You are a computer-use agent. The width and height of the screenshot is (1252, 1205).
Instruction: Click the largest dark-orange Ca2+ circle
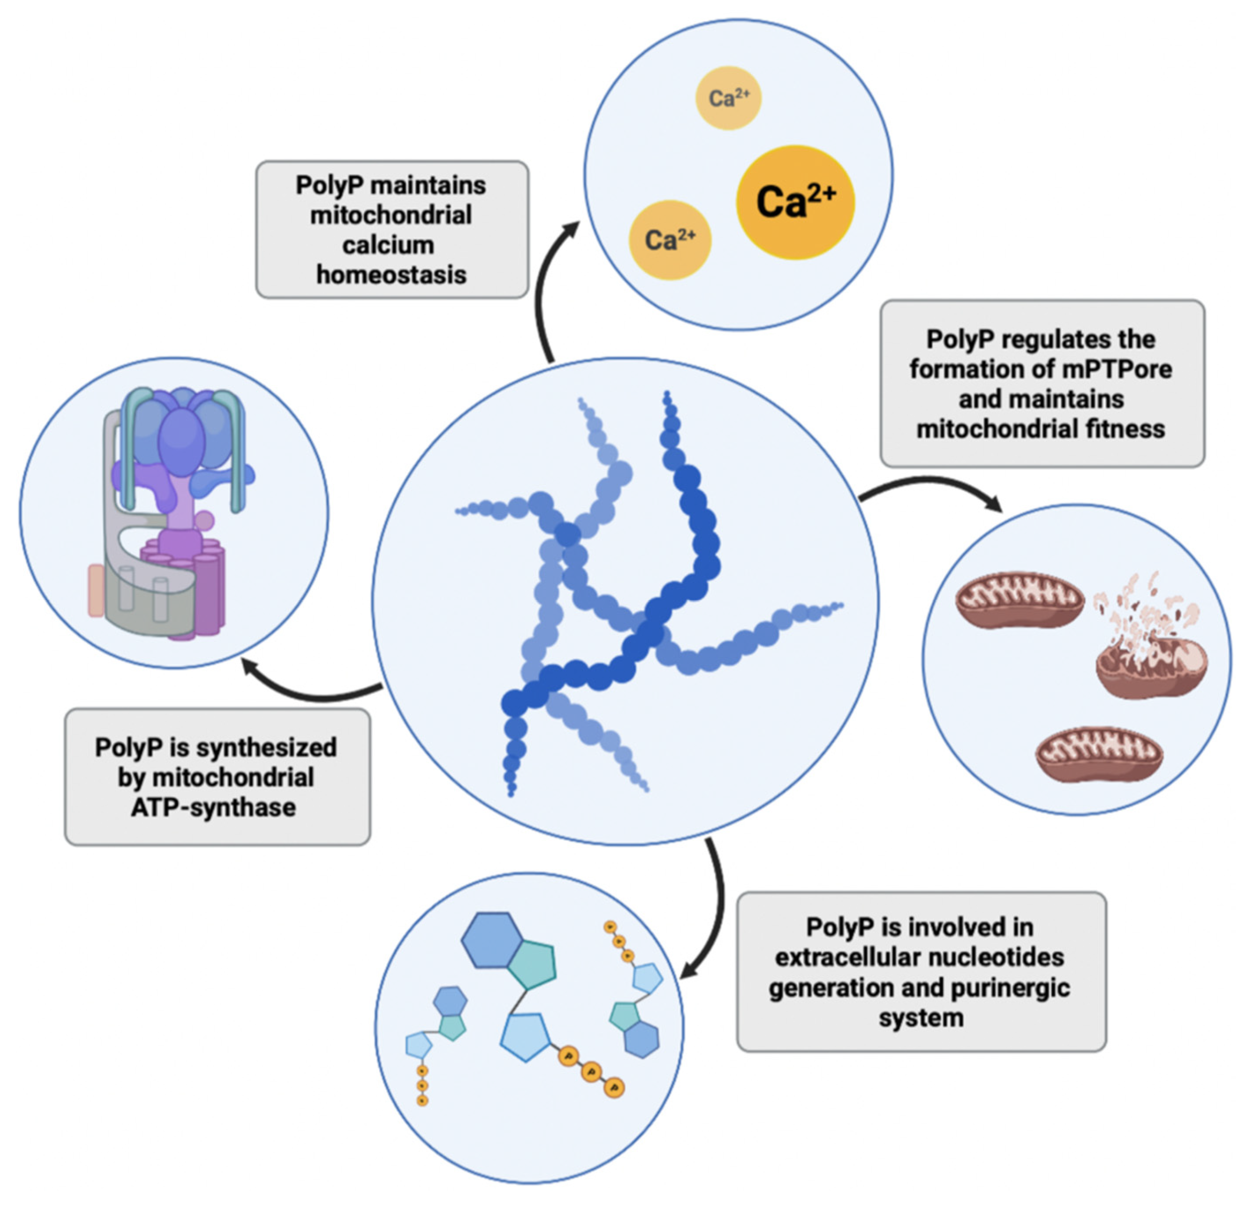[x=795, y=202]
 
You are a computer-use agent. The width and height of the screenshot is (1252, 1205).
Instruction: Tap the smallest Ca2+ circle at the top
[x=728, y=99]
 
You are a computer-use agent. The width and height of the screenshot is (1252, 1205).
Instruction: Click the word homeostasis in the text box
[x=391, y=275]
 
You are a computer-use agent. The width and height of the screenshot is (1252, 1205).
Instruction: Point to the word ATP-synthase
[x=214, y=807]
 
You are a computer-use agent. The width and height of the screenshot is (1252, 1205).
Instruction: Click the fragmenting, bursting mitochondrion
[x=1150, y=652]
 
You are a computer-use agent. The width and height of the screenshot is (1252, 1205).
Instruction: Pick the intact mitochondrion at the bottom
[x=1099, y=754]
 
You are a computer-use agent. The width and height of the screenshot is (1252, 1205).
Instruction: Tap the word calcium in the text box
[x=389, y=245]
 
